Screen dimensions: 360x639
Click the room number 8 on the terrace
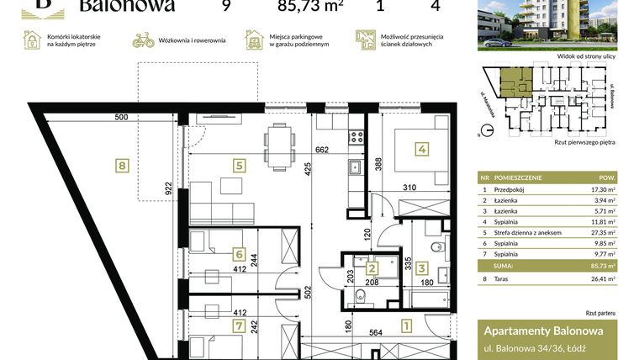(123, 166)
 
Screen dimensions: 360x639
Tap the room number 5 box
(240, 166)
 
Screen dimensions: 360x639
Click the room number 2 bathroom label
(372, 268)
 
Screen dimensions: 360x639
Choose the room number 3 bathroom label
(423, 268)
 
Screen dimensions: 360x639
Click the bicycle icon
(144, 40)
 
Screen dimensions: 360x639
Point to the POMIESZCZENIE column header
(518, 178)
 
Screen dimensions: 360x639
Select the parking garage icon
(253, 40)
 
